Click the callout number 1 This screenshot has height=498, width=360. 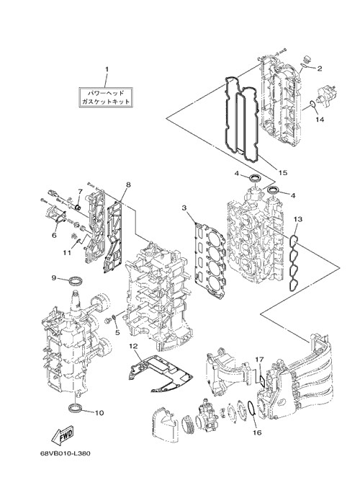[107, 69]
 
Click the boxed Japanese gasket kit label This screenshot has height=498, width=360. [106, 97]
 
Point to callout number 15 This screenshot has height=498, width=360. [282, 172]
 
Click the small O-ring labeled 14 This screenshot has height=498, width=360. [312, 105]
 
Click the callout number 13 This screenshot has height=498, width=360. [298, 219]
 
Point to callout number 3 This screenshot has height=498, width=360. [184, 208]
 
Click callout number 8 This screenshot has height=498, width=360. [128, 184]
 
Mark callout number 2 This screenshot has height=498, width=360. [320, 68]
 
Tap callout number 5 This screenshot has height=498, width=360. [117, 332]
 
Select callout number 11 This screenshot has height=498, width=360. [67, 252]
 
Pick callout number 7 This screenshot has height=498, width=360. [80, 191]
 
